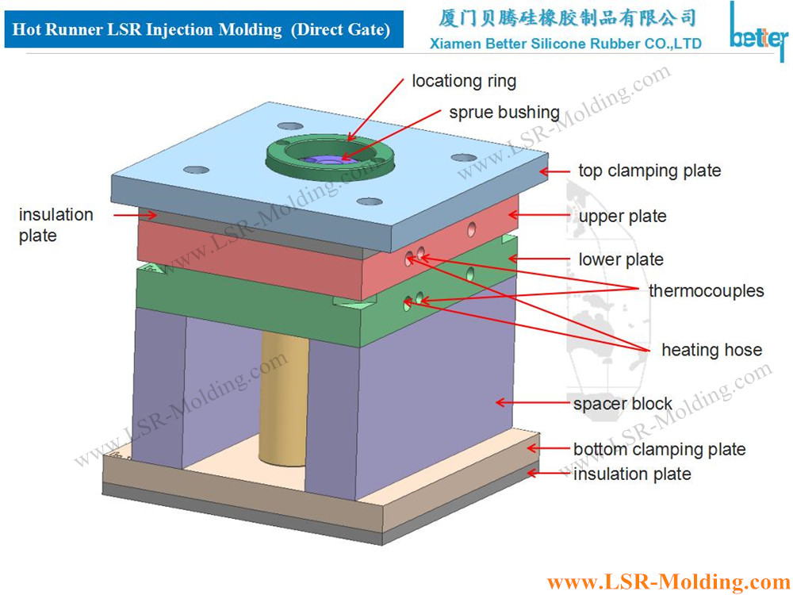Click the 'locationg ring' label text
[464, 81]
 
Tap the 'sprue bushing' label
[504, 113]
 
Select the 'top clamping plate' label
[649, 171]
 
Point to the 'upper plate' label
[623, 217]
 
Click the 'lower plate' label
[621, 259]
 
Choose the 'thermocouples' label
[706, 290]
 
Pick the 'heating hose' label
[711, 350]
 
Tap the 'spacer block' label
[623, 404]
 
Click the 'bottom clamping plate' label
[659, 450]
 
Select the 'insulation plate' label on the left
[56, 225]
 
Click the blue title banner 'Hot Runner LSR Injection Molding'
[201, 30]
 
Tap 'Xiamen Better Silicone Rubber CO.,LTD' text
[565, 44]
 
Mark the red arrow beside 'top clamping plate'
[558, 171]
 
